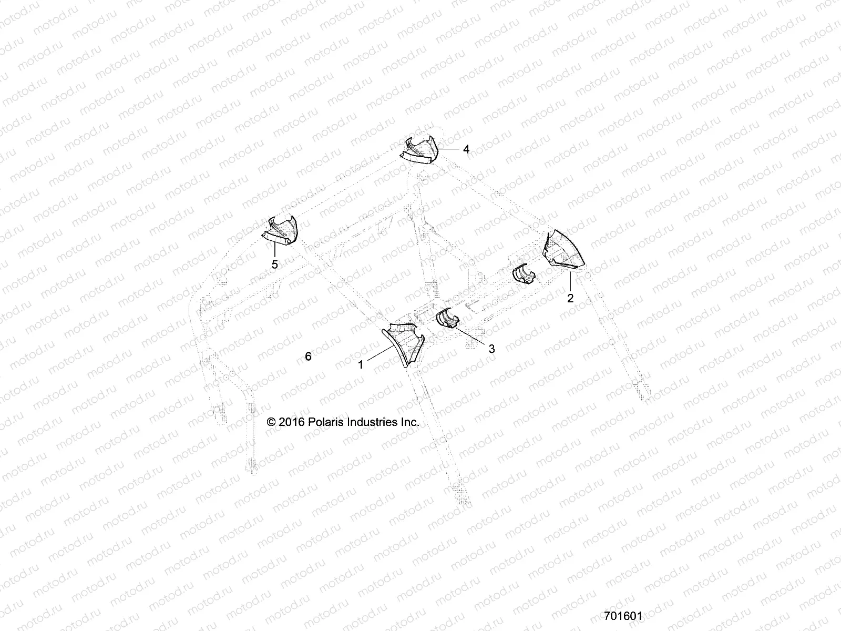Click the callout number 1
coord(361,364)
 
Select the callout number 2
coord(570,298)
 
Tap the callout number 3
coord(491,348)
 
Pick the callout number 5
coord(274,264)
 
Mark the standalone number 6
coord(308,357)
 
